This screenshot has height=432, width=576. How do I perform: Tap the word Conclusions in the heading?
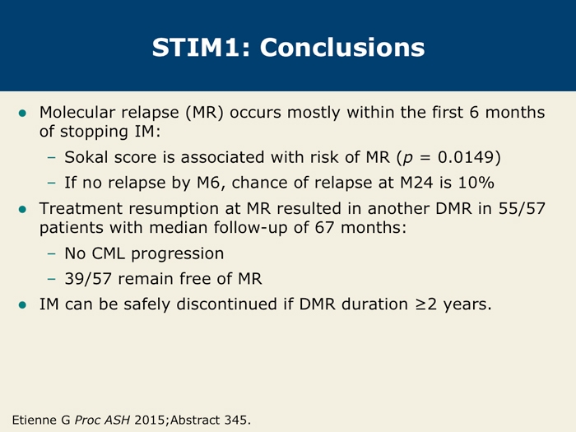click(x=342, y=48)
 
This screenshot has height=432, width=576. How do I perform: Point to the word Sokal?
click(x=86, y=157)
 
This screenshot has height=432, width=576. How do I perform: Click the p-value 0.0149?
click(x=466, y=157)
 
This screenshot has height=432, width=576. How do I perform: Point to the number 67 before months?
click(x=324, y=227)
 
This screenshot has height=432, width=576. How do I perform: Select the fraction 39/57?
click(x=88, y=278)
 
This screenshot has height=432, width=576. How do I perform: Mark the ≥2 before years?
click(x=426, y=304)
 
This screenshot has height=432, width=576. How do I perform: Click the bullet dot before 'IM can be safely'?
click(x=22, y=304)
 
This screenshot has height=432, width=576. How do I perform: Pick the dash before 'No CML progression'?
click(x=52, y=253)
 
